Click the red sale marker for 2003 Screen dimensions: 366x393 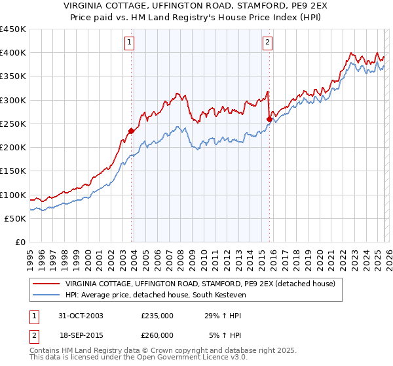tap(132, 131)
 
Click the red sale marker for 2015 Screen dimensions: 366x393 tap(269, 119)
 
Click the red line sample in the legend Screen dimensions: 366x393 tap(47, 284)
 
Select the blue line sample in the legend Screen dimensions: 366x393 tap(47, 295)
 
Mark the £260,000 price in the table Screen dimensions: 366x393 tap(157, 335)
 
